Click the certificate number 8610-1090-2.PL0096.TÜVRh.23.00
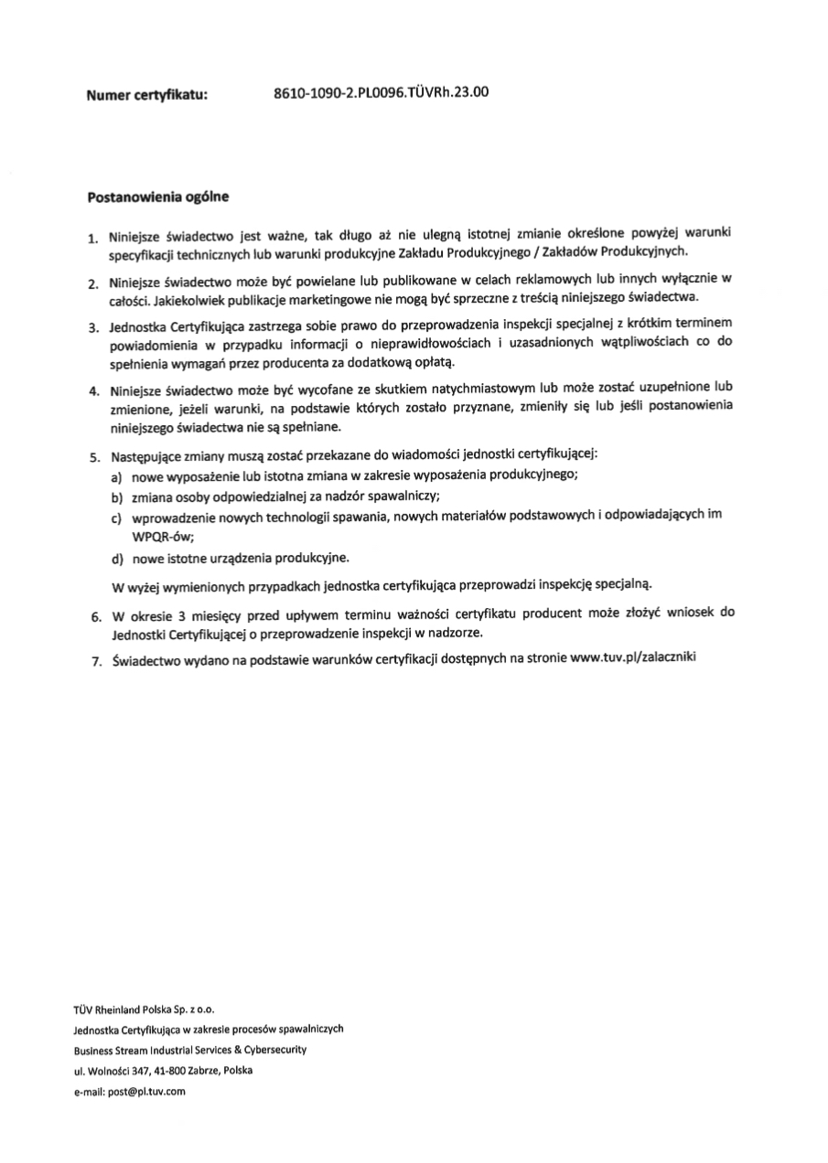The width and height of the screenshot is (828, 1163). (382, 91)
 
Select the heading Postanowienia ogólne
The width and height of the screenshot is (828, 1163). (157, 196)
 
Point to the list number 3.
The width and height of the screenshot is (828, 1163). (93, 327)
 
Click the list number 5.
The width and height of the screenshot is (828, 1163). (93, 455)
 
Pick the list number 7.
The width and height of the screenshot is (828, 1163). (93, 661)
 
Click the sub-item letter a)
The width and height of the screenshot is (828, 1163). (116, 477)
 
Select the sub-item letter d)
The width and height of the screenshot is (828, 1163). (116, 558)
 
